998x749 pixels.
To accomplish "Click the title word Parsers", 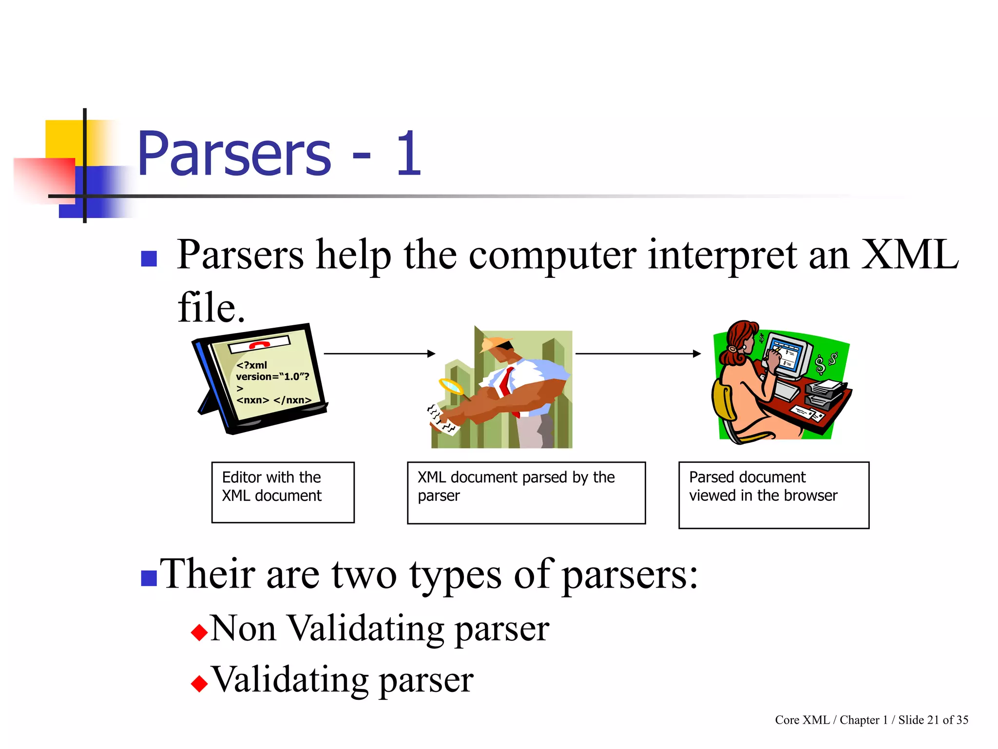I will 234,154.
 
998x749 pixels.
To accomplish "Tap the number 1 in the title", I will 408,154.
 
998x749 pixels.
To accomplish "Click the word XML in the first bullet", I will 909,255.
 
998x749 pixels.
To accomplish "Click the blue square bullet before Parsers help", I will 149,258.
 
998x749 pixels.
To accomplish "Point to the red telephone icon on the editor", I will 259,345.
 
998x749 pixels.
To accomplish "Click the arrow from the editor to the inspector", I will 379,354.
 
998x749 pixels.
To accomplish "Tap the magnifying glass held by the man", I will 451,387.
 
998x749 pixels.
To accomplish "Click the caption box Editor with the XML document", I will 283,492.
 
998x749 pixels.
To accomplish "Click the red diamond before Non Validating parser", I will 199,632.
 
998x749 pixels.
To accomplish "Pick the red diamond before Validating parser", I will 199,683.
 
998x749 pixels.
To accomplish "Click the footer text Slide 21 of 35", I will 933,720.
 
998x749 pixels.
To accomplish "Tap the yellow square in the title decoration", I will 63,138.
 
